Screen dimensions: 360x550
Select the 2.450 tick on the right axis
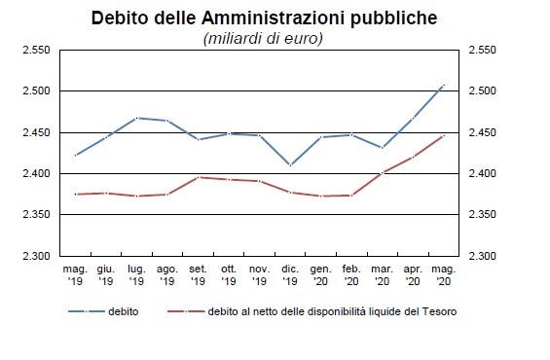click(x=483, y=132)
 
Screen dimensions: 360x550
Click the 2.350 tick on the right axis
click(x=483, y=215)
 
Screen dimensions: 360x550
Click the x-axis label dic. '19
click(x=289, y=274)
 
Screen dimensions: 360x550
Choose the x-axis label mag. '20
click(x=444, y=274)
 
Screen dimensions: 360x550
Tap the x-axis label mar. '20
click(x=382, y=274)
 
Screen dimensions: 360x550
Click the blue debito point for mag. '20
click(x=444, y=86)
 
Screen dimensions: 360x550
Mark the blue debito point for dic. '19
click(x=289, y=165)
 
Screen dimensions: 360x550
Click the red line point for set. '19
click(x=198, y=177)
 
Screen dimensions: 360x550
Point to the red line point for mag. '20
click(x=444, y=135)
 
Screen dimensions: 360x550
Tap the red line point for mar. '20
click(x=382, y=173)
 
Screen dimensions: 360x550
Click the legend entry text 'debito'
click(x=123, y=311)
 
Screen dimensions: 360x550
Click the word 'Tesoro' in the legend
click(x=437, y=311)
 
